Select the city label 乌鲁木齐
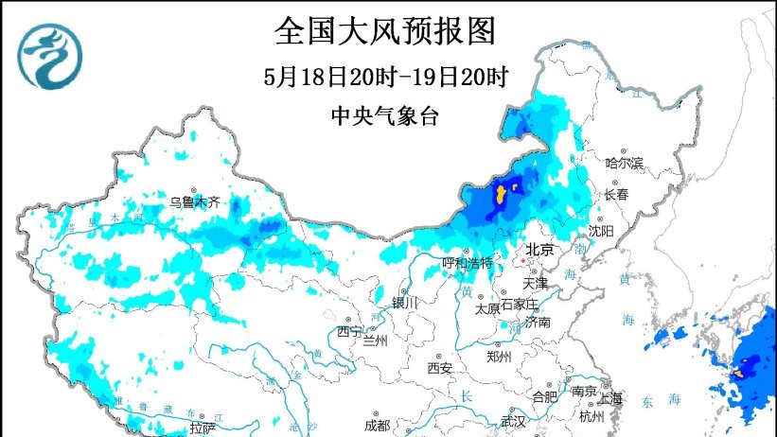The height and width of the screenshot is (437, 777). pos(194,201)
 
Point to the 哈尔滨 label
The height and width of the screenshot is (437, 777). pos(624,164)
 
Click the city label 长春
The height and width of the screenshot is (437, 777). pos(616,194)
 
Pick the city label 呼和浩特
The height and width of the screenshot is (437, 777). pos(468,262)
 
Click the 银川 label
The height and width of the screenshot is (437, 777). pos(404,302)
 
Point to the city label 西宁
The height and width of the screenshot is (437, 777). pos(348,331)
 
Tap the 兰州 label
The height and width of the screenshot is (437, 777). pos(375,341)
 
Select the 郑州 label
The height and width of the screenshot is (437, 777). pos(498,357)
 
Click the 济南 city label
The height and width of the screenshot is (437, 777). pos(539,323)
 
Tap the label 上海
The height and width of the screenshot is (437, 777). pos(610,397)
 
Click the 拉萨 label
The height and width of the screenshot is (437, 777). pos(203,428)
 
